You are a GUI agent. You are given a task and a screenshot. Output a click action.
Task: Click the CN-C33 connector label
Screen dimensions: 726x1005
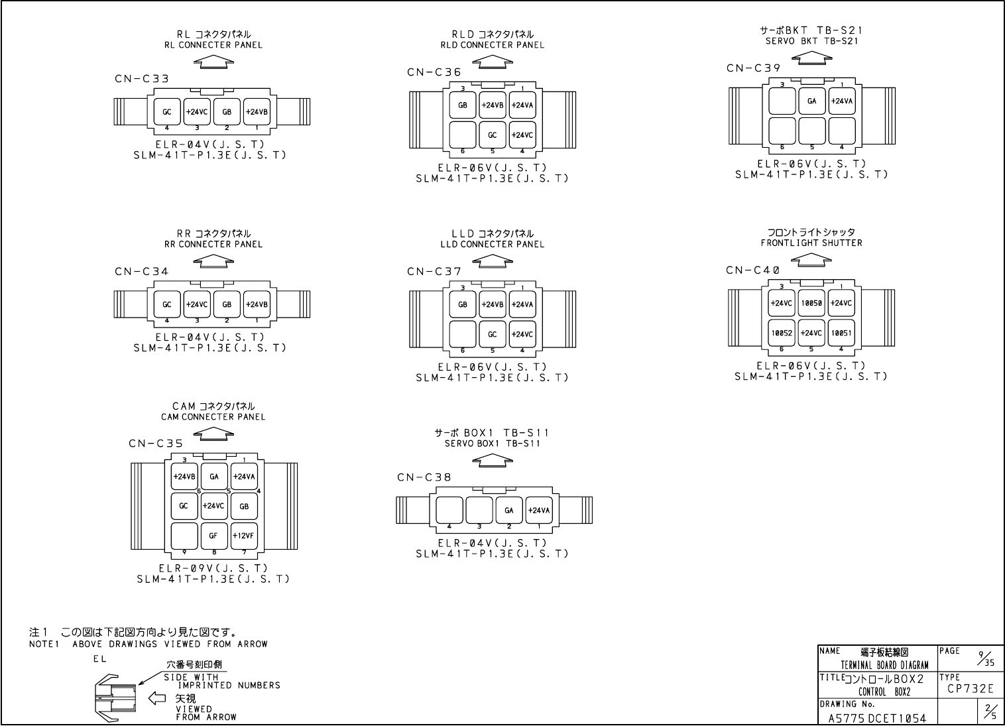[141, 79]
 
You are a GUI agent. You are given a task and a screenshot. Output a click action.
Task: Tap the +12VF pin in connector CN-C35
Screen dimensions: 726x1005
[244, 536]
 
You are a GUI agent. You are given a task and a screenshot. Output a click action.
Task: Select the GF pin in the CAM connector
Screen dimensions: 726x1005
[213, 536]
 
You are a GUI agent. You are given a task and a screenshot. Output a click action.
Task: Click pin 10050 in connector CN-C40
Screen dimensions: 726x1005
[811, 303]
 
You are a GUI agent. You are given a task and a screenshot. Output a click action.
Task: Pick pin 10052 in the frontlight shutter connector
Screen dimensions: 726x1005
[782, 333]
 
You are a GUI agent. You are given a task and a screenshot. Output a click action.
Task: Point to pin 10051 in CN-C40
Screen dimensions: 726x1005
[841, 333]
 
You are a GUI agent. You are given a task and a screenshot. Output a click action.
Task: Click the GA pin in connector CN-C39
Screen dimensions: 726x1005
[811, 101]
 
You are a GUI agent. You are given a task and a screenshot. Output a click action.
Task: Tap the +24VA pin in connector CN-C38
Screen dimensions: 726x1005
[539, 511]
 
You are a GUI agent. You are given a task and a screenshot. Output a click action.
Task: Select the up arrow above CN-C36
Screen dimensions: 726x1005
[493, 61]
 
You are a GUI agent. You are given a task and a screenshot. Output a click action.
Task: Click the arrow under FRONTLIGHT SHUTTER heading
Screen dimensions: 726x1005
[811, 260]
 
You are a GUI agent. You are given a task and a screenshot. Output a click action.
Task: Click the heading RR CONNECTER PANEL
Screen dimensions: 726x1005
[213, 245]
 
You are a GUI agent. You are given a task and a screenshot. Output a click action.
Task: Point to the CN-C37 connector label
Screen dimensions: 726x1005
[434, 272]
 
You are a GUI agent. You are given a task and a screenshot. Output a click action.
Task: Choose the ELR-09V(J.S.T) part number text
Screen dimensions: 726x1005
[213, 568]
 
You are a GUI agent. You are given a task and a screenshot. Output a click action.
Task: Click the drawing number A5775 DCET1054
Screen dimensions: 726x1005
[877, 718]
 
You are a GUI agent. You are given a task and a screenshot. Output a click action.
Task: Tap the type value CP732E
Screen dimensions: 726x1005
[970, 690]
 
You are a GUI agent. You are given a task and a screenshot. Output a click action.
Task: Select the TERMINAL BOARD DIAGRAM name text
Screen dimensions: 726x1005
[884, 665]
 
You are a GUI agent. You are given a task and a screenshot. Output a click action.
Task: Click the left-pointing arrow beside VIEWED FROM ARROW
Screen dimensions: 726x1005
[156, 697]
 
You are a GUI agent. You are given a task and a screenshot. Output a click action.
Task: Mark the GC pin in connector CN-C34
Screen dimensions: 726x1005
[167, 304]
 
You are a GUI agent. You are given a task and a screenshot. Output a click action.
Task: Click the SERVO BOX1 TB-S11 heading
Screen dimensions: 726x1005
[493, 444]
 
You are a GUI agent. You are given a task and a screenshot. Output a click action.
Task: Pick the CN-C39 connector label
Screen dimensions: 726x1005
[753, 68]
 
